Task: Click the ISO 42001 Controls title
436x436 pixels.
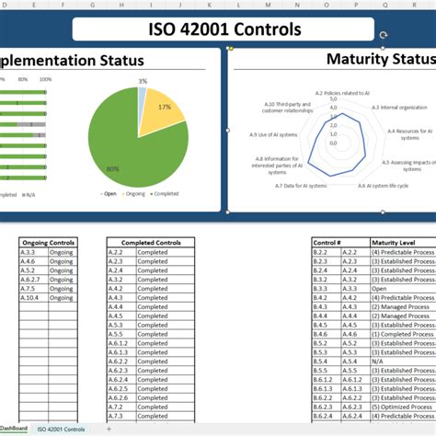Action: tap(224, 29)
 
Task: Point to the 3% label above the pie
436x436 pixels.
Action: tap(143, 82)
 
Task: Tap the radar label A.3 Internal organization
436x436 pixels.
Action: tap(395, 108)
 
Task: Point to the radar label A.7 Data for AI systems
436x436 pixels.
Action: tap(301, 186)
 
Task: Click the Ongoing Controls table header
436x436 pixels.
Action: tap(47, 242)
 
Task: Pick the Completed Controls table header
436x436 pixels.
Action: tap(151, 242)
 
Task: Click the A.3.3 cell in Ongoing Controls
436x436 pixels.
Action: tap(30, 252)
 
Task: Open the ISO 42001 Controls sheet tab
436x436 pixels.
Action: tap(62, 430)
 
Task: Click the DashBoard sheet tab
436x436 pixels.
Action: tap(14, 430)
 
